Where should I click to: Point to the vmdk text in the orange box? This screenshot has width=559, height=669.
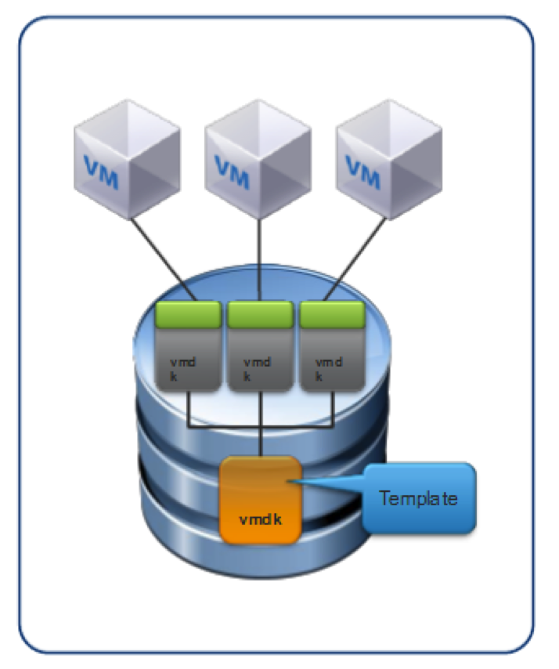[x=259, y=519]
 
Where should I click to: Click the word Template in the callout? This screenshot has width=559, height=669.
[x=418, y=498]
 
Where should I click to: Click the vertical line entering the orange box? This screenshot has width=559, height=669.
[x=260, y=443]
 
